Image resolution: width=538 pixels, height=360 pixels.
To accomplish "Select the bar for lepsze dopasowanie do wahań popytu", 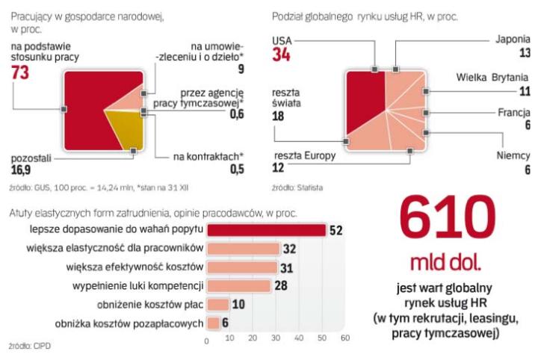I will (x=266, y=229).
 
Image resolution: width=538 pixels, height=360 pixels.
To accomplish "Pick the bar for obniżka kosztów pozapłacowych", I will (x=213, y=323).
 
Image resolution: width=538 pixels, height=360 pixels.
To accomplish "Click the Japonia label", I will (x=513, y=39).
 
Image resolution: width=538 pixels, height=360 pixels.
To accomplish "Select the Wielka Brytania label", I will (x=493, y=78).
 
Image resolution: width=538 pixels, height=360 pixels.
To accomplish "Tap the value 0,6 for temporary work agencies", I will (x=236, y=114).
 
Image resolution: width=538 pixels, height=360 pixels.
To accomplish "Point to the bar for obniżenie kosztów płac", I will (x=217, y=305).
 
